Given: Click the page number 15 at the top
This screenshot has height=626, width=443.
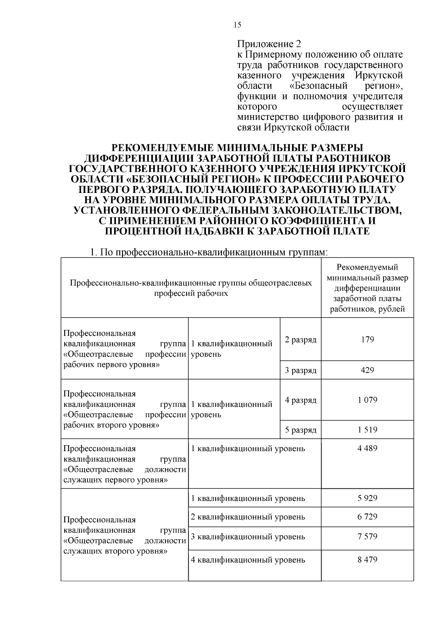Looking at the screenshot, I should pos(237,25).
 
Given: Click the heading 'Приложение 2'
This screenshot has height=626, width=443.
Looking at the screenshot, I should pos(269,44).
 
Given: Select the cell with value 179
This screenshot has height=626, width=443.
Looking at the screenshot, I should pos(367,339).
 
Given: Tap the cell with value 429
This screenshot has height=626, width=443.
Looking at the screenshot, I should pos(367,370).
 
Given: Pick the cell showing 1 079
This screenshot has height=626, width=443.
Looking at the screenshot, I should pos(367,400).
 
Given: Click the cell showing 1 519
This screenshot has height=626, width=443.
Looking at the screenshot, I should pos(367,430).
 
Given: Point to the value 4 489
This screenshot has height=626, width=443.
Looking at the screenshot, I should pos(367,449).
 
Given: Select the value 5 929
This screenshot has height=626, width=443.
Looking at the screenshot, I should pos(367,498).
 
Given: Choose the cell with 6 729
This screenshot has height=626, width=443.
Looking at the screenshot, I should pos(367,517).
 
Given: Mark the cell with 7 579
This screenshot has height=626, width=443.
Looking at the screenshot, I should pos(367,536).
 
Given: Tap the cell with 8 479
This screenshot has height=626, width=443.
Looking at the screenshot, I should pos(367,560).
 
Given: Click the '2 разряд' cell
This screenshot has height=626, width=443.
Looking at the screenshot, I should pos(301,339).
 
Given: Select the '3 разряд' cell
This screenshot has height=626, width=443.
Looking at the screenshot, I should pos(301,370).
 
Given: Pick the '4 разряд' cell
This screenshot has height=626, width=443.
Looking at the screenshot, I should pos(301,400).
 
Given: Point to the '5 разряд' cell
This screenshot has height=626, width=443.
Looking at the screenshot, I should pos(301,430).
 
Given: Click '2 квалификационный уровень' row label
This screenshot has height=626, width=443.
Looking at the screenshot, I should pos(248,517).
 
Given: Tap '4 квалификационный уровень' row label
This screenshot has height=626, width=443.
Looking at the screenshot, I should pos(248,560).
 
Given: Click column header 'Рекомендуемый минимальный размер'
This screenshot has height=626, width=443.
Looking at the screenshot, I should pos(367,272).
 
